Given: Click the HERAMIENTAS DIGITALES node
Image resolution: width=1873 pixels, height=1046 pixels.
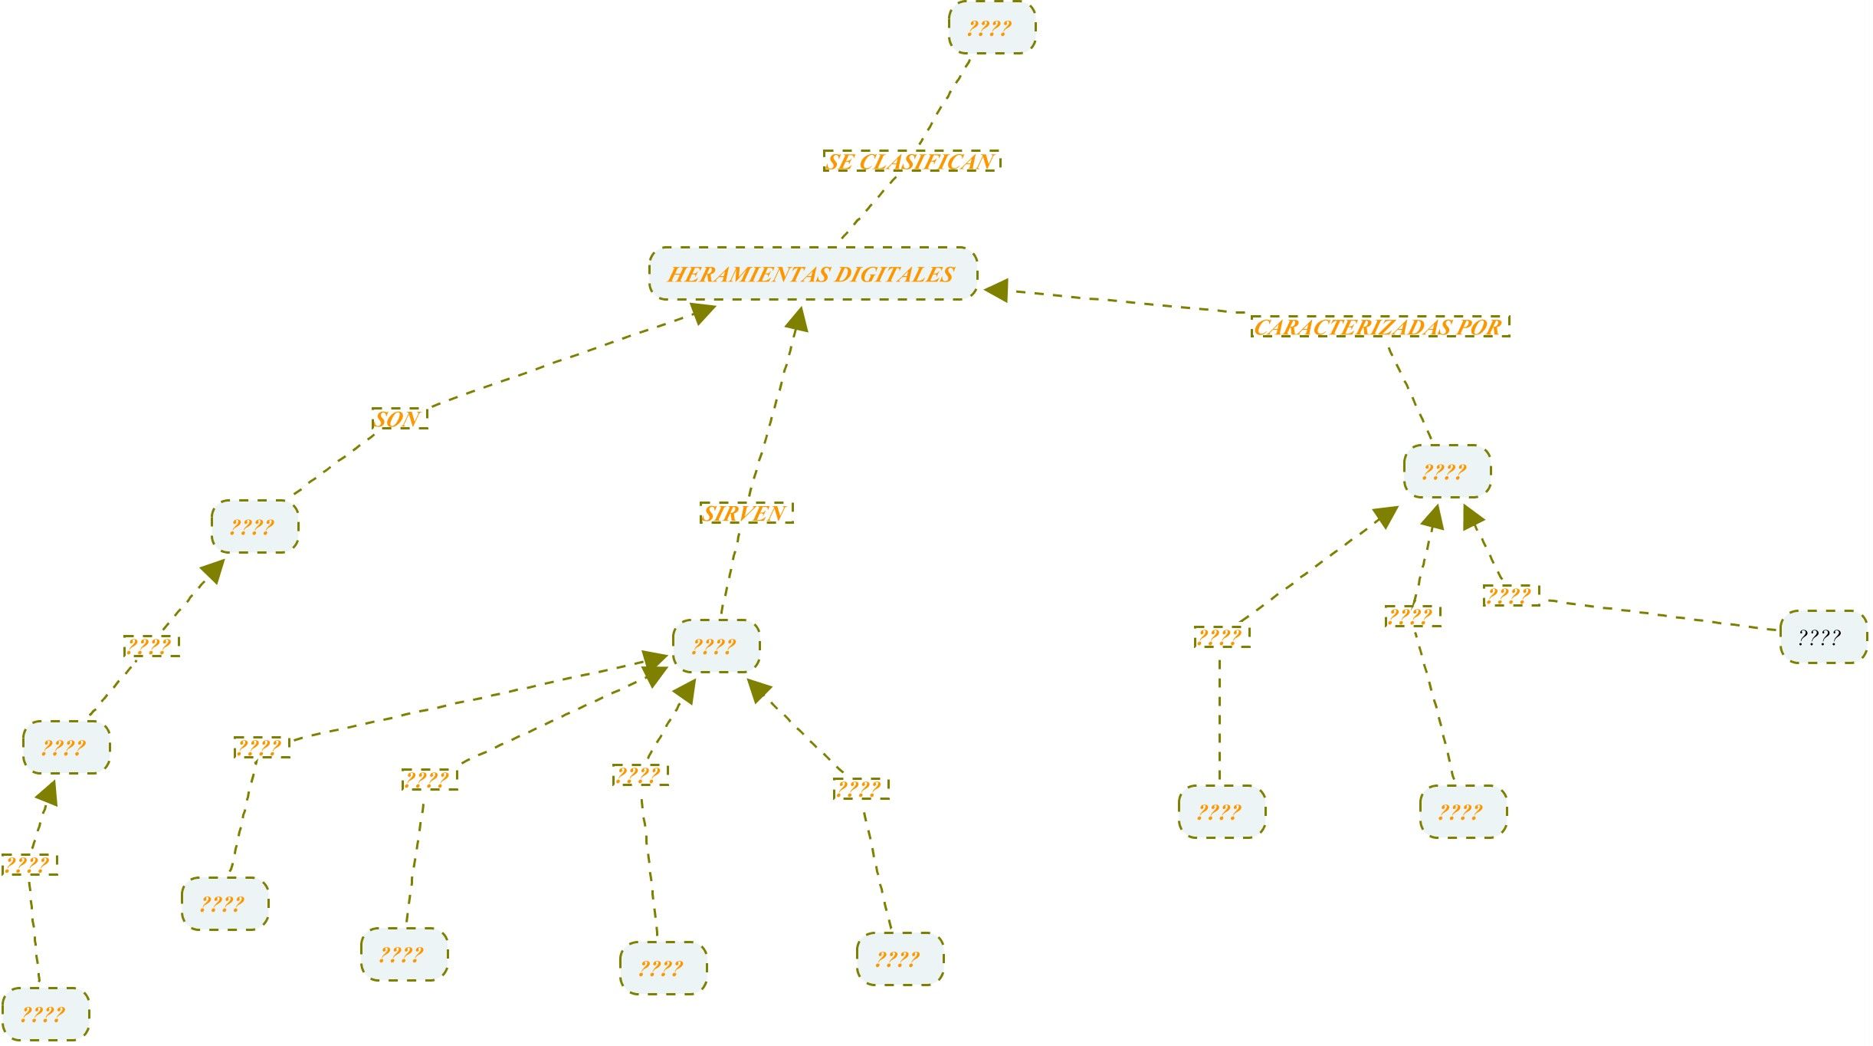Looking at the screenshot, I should point(812,274).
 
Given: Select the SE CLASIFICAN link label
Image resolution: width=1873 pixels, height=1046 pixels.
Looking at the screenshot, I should point(910,161).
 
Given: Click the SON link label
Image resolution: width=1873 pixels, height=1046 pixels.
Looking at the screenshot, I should point(399,419).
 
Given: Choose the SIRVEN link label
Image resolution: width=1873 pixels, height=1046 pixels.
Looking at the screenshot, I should point(746,513).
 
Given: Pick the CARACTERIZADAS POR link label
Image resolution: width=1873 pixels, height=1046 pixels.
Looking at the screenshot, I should point(1379,327).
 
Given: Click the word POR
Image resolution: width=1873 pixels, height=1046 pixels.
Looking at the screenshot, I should point(1479,327).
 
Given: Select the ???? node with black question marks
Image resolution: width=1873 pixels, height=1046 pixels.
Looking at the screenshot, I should point(1822,636).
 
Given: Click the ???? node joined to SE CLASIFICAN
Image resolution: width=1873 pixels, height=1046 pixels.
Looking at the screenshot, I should point(992,28).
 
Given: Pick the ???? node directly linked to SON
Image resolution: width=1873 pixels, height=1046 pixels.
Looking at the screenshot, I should point(254,527).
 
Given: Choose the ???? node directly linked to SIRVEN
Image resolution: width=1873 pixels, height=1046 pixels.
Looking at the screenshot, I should point(716,646).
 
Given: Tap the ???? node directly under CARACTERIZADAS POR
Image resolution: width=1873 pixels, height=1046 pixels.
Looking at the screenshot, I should point(1447,472).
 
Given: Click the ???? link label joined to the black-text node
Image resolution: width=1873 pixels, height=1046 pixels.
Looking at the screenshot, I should point(1510,595).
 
